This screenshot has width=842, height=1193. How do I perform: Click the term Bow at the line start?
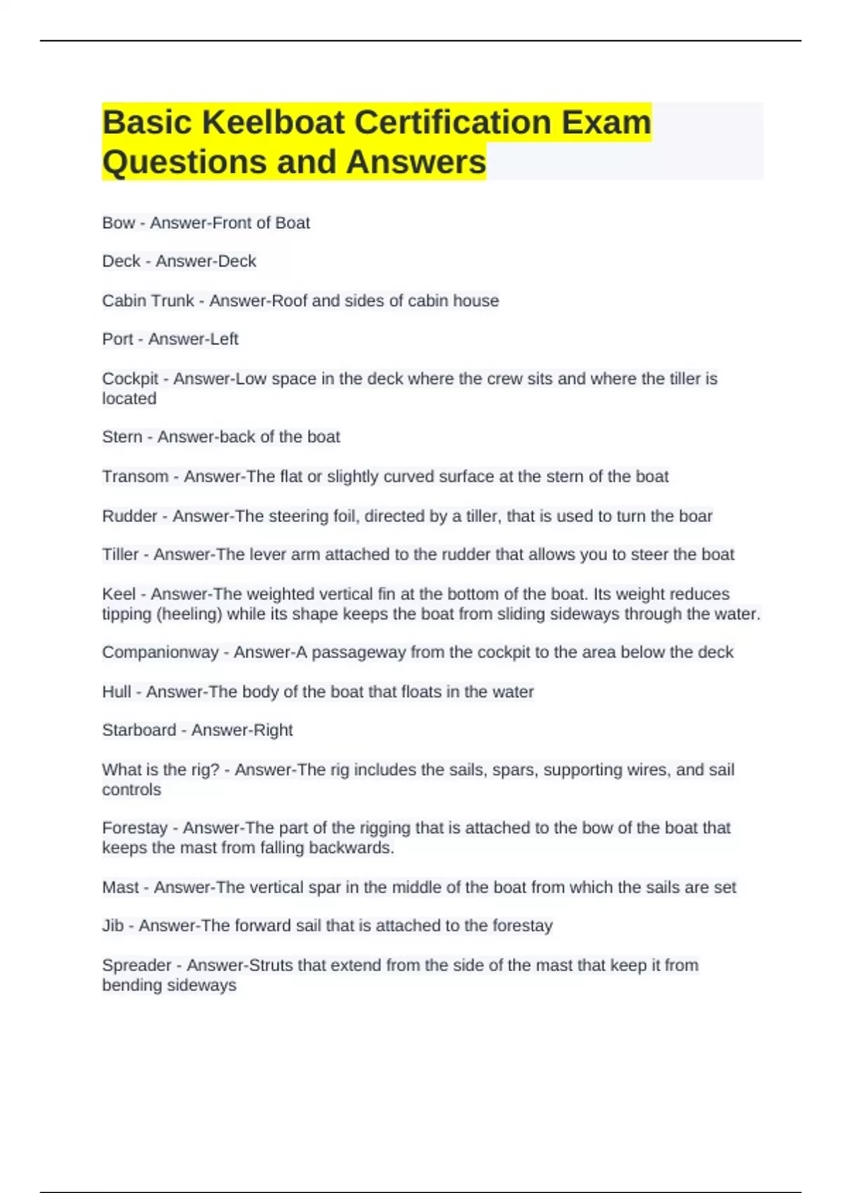[x=118, y=223]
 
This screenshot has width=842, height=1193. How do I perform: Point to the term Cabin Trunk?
[x=147, y=301]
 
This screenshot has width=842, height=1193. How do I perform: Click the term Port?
[x=117, y=340]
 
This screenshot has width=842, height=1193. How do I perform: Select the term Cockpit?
[x=130, y=379]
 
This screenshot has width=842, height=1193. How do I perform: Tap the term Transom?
[x=135, y=477]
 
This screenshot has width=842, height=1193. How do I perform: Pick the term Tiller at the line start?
[x=120, y=555]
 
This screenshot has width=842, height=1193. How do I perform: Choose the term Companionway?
[x=160, y=653]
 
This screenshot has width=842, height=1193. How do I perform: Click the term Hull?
[x=116, y=692]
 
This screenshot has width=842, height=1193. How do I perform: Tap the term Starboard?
[x=139, y=731]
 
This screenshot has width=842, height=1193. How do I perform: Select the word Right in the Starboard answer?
[x=272, y=731]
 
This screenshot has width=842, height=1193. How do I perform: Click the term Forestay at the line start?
[x=135, y=828]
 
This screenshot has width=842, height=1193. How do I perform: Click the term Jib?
[x=112, y=926]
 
